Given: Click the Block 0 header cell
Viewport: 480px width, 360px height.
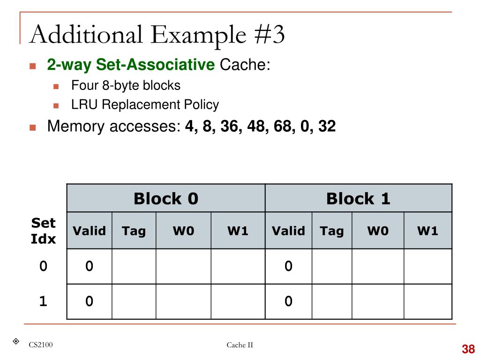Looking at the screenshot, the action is pos(165,199).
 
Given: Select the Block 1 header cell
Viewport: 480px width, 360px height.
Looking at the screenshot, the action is pos(358,199).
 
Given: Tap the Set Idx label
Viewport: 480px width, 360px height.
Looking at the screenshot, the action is pos(43,231).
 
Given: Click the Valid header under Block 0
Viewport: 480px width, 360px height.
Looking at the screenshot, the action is pos(89,231).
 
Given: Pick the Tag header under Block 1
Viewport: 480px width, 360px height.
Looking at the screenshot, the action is pos(331,231).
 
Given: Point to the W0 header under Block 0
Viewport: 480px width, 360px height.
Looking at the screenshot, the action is pos(183,231).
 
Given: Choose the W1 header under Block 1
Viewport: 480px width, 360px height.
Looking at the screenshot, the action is pos(427,231).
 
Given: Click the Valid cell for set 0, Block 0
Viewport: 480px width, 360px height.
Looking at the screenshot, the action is pos(89,266).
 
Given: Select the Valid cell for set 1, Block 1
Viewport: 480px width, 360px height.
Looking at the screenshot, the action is pos(288,301).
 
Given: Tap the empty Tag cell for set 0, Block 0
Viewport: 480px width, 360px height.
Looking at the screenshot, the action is pos(134,266).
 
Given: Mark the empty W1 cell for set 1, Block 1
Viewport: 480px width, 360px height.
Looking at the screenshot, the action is pos(427,301).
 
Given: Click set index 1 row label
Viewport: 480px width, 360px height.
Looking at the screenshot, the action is pos(43,301).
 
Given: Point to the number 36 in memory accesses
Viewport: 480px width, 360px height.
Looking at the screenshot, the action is pos(229,127).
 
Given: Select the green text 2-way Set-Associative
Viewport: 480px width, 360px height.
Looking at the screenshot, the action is pos(130,65).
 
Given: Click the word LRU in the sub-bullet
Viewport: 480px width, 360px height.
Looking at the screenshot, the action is pos(85,105).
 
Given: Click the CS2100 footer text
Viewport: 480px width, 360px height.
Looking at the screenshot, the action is pos(41,345).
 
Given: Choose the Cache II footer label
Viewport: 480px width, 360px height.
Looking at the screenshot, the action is pos(240,345).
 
